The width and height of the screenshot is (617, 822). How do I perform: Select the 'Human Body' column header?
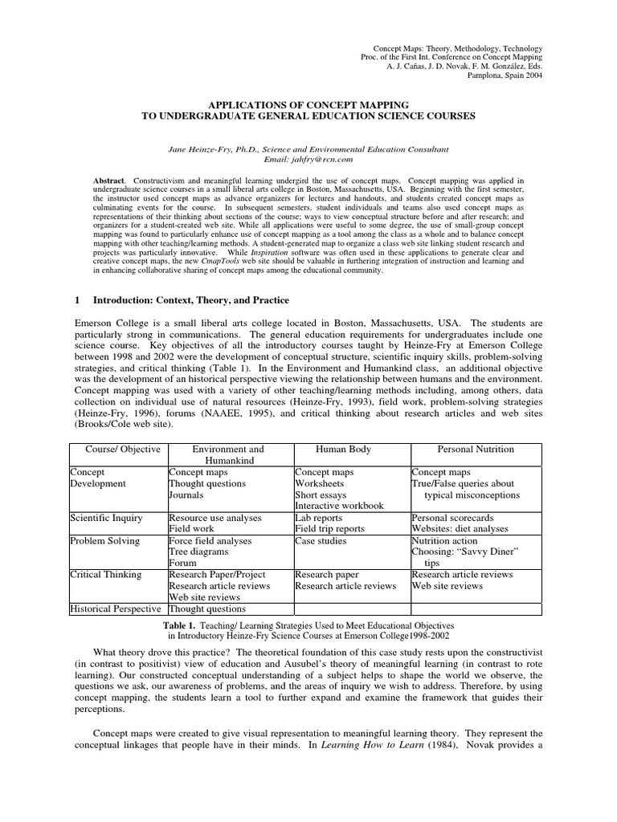pyautogui.click(x=343, y=450)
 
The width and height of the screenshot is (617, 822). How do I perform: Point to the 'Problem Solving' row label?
pyautogui.click(x=105, y=541)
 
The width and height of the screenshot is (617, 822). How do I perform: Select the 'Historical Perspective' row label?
pyautogui.click(x=116, y=608)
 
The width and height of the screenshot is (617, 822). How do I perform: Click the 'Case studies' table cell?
pyautogui.click(x=321, y=541)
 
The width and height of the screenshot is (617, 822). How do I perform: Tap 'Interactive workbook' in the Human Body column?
pyautogui.click(x=339, y=507)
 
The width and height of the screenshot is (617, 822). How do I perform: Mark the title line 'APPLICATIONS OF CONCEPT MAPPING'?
pyautogui.click(x=308, y=105)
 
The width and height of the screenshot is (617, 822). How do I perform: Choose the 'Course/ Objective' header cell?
pyautogui.click(x=116, y=450)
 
